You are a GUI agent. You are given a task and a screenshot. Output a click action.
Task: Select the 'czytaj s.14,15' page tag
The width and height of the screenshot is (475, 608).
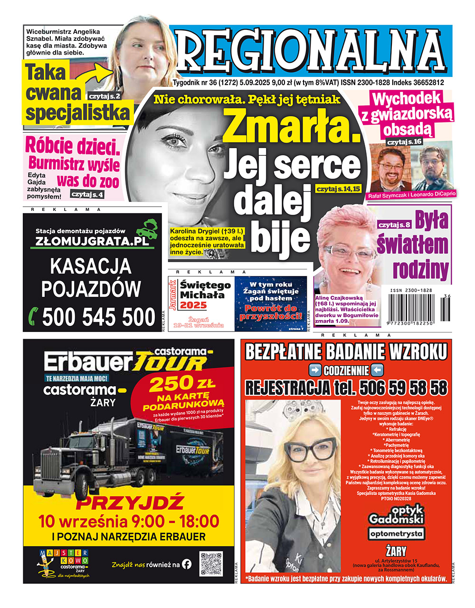tap(338, 189)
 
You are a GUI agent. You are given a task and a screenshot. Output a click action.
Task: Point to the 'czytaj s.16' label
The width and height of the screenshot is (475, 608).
tap(404, 142)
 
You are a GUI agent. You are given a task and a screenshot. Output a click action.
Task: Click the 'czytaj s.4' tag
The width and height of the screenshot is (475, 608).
tap(87, 194)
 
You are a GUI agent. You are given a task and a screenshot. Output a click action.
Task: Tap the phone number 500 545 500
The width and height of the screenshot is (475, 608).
tap(99, 317)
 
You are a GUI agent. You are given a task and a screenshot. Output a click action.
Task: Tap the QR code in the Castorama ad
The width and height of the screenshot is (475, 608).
tap(211, 564)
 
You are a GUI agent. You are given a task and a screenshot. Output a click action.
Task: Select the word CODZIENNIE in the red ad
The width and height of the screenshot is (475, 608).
tap(346, 370)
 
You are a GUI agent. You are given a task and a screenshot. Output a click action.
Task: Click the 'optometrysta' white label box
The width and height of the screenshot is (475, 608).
tap(396, 533)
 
